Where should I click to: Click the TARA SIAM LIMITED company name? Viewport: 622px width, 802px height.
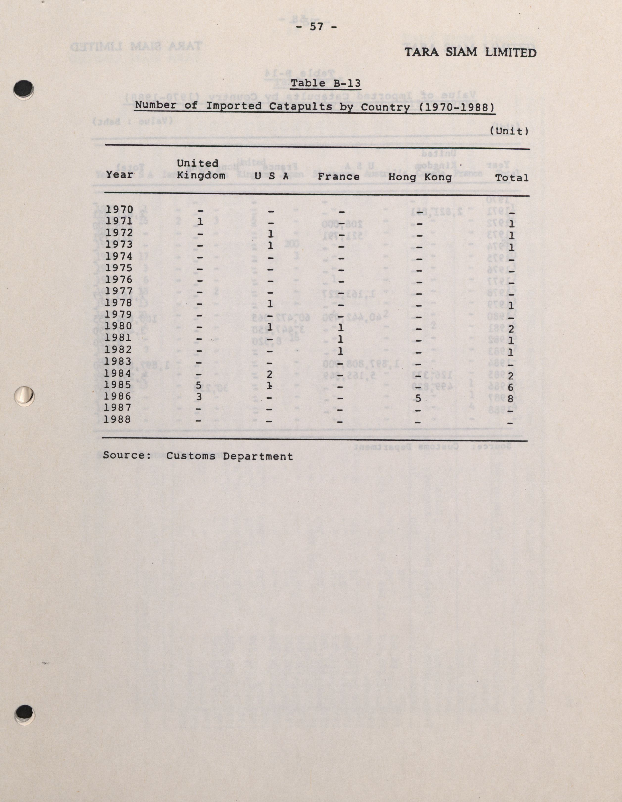[470, 52]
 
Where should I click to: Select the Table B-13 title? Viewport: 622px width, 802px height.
[326, 83]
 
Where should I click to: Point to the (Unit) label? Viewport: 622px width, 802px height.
[509, 131]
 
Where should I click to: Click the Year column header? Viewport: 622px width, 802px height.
[120, 175]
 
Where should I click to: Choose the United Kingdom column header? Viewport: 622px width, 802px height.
[201, 169]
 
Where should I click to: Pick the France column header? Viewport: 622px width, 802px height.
[338, 177]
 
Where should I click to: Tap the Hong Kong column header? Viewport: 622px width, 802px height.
[420, 177]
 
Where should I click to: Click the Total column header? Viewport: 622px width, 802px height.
[512, 178]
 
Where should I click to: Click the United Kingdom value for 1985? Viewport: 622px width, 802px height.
[199, 385]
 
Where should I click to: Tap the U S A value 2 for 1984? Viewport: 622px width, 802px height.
[270, 374]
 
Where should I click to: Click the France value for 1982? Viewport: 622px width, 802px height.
[340, 351]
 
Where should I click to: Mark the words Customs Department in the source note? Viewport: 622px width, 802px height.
[230, 456]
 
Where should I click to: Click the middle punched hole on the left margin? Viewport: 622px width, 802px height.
[24, 396]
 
